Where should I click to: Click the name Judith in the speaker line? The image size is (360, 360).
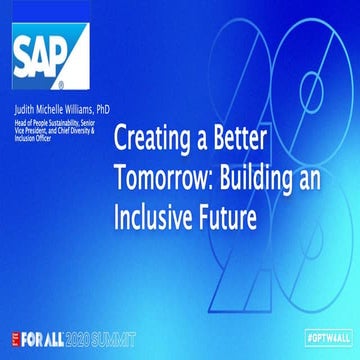point(24,105)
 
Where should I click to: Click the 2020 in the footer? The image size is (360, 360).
point(83,338)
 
